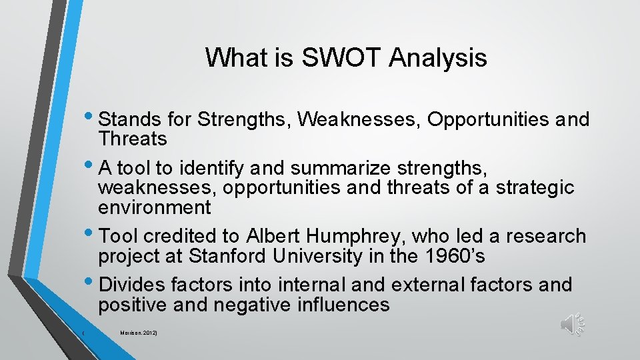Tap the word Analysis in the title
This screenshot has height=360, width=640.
tap(438, 58)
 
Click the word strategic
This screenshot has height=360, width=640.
tap(535, 187)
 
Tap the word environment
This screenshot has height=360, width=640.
tap(154, 207)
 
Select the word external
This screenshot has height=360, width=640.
tap(427, 285)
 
